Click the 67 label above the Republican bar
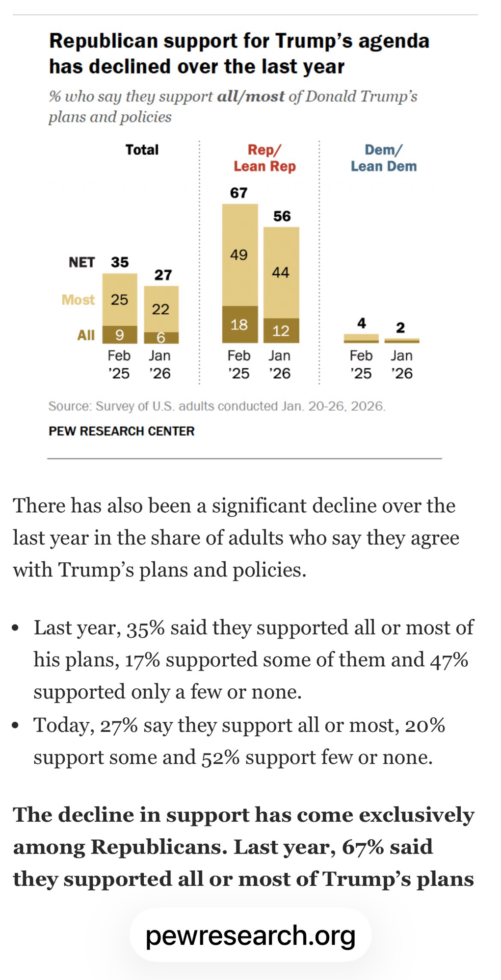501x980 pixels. [x=239, y=193]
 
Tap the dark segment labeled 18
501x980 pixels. [x=239, y=325]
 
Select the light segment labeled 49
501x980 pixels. [x=239, y=255]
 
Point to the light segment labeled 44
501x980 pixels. [x=281, y=272]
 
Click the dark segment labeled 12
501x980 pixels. [x=281, y=331]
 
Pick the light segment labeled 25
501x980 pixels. [x=119, y=300]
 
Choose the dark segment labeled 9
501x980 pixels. [x=119, y=335]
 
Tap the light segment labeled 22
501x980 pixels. [x=161, y=309]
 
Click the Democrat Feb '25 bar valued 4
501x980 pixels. [x=361, y=338]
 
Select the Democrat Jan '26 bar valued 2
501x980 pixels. [x=402, y=340]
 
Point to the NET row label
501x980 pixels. [x=81, y=263]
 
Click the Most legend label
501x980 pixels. [x=78, y=300]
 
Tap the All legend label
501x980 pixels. [x=86, y=335]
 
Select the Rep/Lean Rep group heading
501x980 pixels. [x=264, y=158]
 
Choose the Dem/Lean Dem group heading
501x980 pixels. [x=383, y=158]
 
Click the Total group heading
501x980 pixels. [x=142, y=150]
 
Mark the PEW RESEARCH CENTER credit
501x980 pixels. [x=121, y=431]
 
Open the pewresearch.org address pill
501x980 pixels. [x=250, y=935]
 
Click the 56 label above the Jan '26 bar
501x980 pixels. [x=282, y=216]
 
